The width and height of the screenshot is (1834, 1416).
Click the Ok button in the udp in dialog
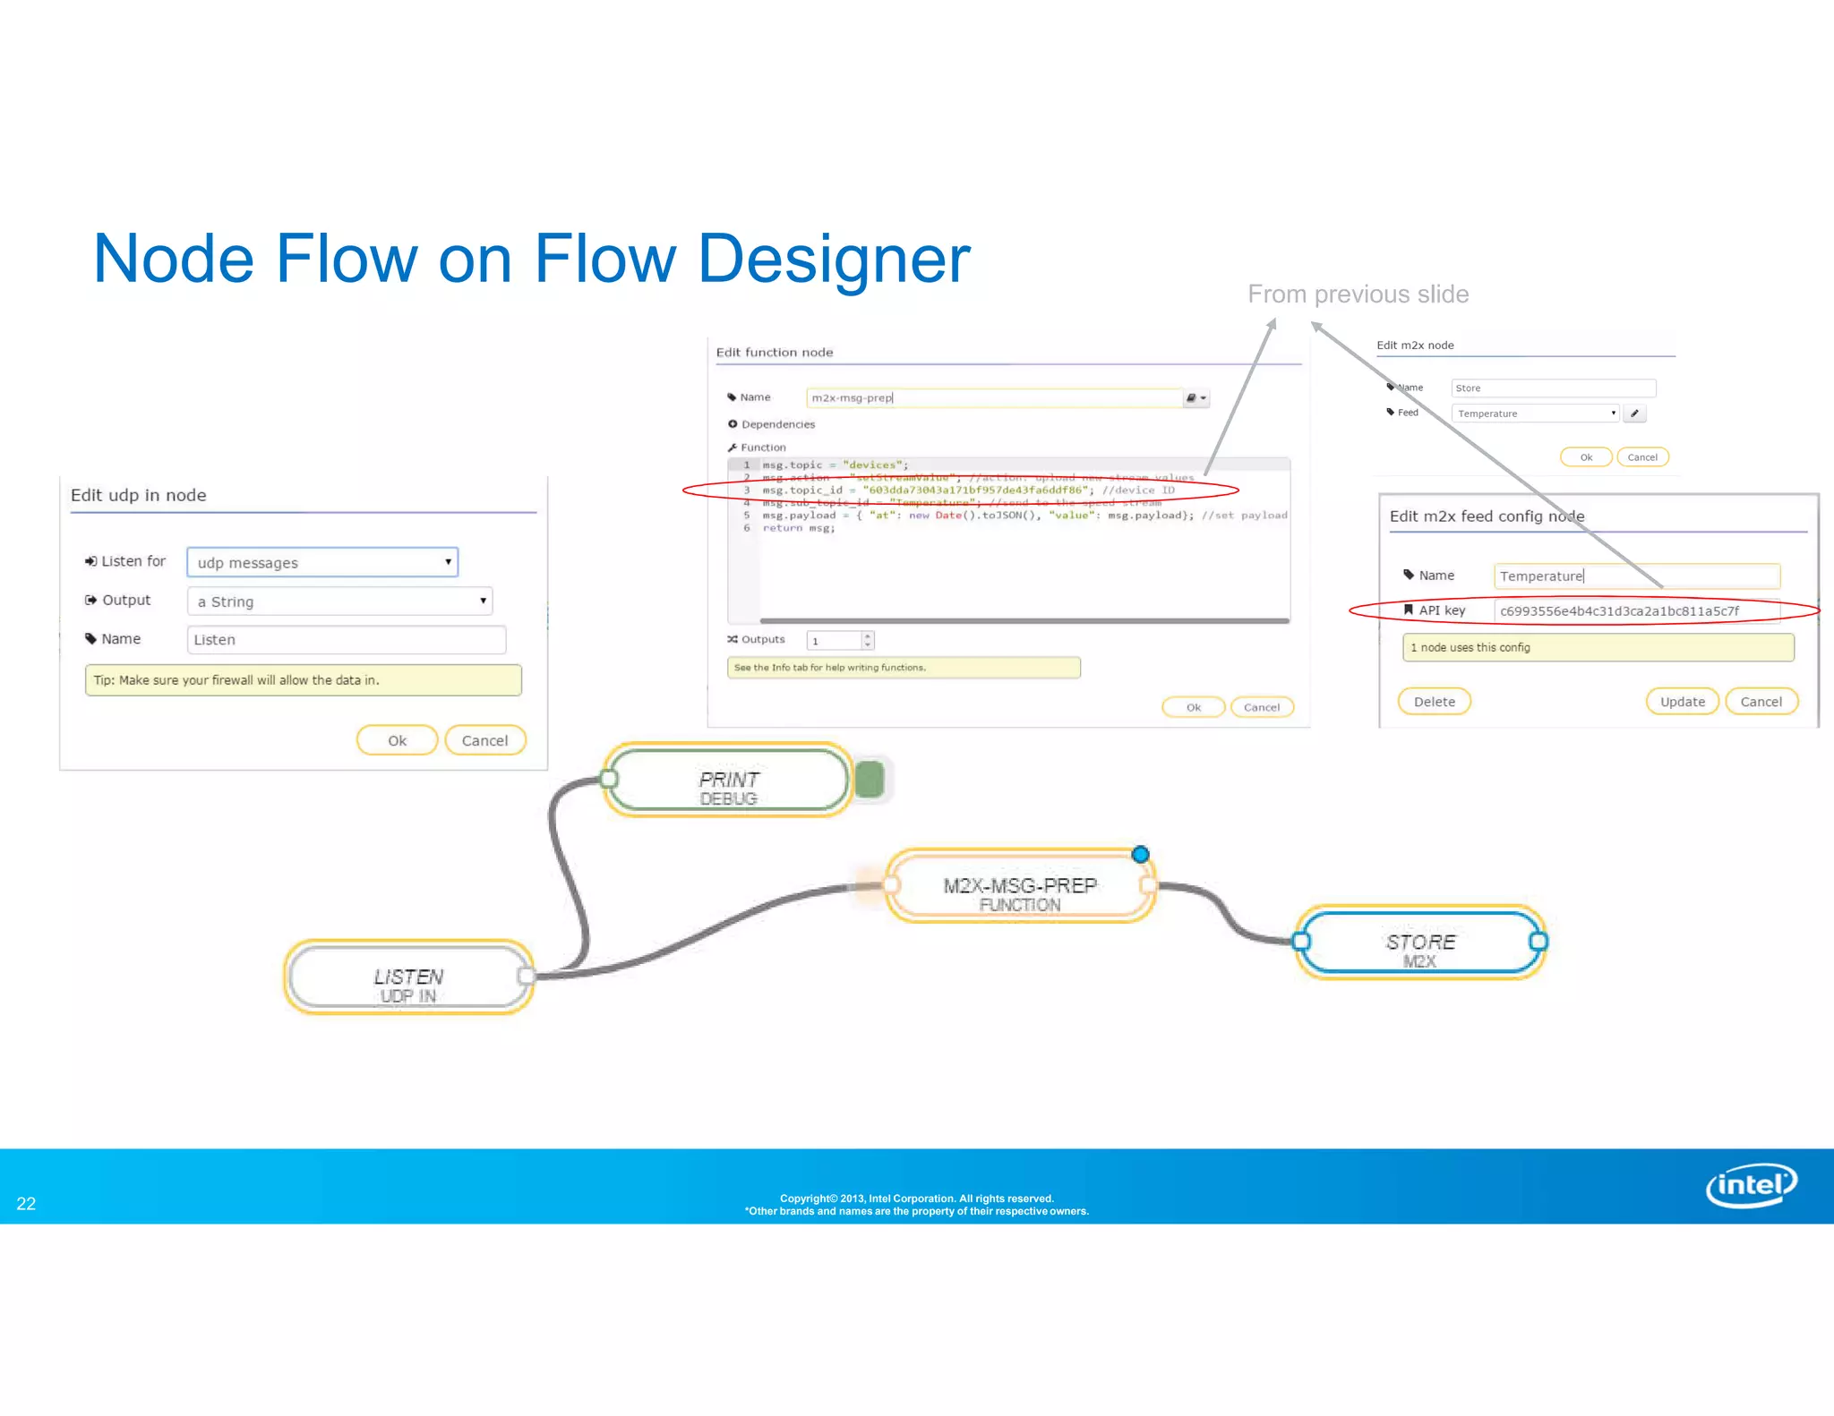pyautogui.click(x=397, y=740)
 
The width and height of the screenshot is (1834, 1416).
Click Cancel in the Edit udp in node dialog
pyautogui.click(x=484, y=740)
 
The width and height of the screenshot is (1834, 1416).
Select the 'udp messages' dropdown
pyautogui.click(x=322, y=562)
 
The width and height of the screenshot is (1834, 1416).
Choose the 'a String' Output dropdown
pyautogui.click(x=339, y=601)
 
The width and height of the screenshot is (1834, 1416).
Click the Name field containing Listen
pyautogui.click(x=347, y=640)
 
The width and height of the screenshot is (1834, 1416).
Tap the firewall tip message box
pyautogui.click(x=303, y=680)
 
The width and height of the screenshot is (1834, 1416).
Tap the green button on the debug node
pyautogui.click(x=870, y=780)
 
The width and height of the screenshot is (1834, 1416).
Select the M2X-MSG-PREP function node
pyautogui.click(x=1019, y=887)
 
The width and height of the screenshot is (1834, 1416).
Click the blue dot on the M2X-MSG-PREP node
pyautogui.click(x=1140, y=855)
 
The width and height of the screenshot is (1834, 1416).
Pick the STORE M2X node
pyautogui.click(x=1420, y=943)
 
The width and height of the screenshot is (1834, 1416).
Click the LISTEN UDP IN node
pyautogui.click(x=408, y=977)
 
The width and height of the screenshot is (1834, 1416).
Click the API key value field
pyautogui.click(x=1635, y=611)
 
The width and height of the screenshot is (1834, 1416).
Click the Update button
pyautogui.click(x=1682, y=702)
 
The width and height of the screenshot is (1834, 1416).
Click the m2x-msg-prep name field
pyautogui.click(x=994, y=398)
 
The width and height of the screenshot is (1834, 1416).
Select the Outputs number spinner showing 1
pyautogui.click(x=839, y=641)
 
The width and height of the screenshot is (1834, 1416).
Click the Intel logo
pyautogui.click(x=1751, y=1185)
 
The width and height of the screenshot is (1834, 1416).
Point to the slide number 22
pyautogui.click(x=26, y=1204)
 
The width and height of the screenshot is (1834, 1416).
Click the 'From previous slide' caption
pyautogui.click(x=1358, y=294)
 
